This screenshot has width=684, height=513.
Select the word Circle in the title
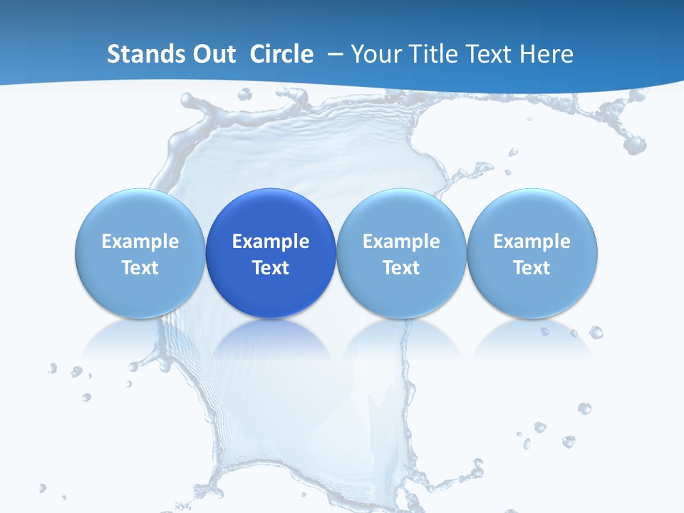point(281,54)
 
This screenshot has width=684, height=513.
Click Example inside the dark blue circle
point(271,242)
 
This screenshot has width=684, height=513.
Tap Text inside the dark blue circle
point(271,268)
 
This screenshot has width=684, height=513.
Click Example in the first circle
point(140,242)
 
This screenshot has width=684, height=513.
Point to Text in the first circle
point(140,268)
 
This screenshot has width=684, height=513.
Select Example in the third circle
point(401,242)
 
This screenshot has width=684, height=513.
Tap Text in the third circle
point(401,268)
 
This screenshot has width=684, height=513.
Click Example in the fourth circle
point(532,242)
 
